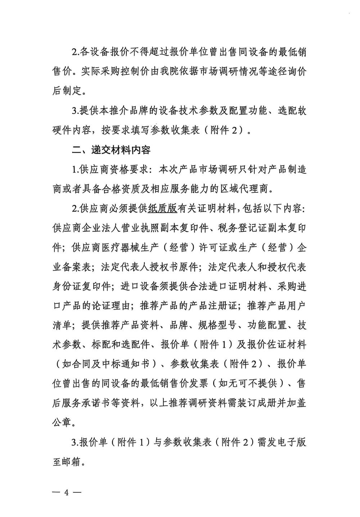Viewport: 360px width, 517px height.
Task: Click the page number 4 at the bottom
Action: pyautogui.click(x=66, y=493)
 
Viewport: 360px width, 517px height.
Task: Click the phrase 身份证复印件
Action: pyautogui.click(x=82, y=286)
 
